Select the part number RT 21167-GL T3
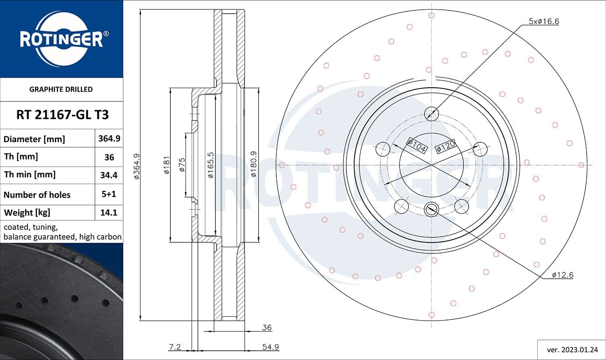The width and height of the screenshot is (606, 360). tap(62, 115)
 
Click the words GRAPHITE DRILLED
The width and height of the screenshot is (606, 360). tap(61, 89)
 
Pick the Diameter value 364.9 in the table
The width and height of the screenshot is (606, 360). tap(109, 138)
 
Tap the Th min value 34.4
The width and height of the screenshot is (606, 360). tap(109, 175)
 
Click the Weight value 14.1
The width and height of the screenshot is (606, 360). tap(109, 213)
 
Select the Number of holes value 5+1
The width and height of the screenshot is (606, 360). tap(109, 194)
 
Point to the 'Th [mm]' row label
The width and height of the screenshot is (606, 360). tap(21, 157)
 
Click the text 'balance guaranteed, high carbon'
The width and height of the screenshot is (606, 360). tap(62, 237)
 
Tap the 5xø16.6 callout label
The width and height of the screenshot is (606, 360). tap(543, 21)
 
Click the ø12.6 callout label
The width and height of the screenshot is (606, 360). tap(562, 275)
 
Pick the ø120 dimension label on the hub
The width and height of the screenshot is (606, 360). tap(446, 146)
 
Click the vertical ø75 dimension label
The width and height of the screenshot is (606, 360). tap(182, 165)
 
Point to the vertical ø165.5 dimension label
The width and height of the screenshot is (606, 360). tap(210, 165)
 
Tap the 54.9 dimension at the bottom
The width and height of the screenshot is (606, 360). tap(270, 347)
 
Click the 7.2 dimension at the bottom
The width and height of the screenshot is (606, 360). tap(175, 347)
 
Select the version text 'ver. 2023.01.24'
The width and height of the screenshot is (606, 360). tap(572, 349)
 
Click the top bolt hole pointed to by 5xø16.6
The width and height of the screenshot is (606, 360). tap(431, 113)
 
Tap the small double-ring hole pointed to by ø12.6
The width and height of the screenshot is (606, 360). tap(431, 209)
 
